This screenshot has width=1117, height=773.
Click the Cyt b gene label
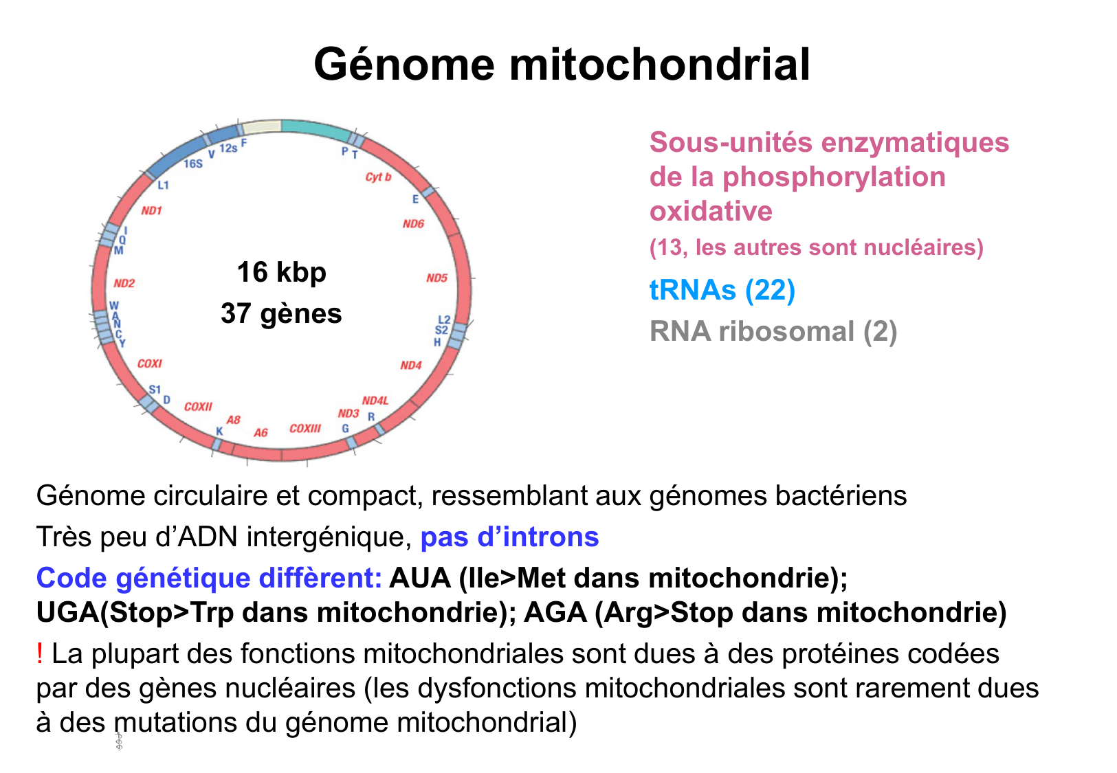click(378, 177)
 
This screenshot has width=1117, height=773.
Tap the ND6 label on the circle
click(413, 224)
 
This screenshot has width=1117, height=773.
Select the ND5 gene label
click(436, 278)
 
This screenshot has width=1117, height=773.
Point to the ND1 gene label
click(151, 211)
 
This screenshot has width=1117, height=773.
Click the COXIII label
click(305, 429)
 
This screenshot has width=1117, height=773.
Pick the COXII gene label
click(198, 407)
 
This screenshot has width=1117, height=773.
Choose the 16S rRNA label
click(193, 164)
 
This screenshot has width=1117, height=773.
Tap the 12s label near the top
click(228, 148)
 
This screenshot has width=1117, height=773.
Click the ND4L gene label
click(375, 401)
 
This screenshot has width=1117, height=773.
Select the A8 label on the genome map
click(234, 420)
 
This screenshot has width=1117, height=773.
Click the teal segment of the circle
click(316, 128)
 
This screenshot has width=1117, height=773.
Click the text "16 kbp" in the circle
click(281, 272)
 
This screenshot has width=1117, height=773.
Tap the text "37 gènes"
click(281, 313)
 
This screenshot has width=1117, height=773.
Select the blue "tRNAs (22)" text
click(722, 290)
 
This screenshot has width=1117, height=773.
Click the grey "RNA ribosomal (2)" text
click(773, 331)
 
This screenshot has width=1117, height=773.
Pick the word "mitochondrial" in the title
click(660, 65)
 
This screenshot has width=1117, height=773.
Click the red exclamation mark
click(40, 653)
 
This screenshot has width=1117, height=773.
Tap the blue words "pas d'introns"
click(509, 537)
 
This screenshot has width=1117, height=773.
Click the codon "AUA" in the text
click(419, 578)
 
